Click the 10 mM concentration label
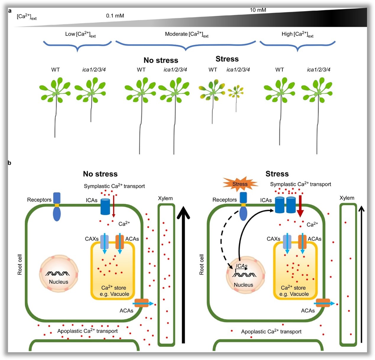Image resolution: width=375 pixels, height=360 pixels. click(x=258, y=10)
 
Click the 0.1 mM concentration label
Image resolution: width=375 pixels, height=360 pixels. click(x=115, y=16)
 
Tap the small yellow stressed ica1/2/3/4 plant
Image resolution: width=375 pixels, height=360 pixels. click(x=236, y=92)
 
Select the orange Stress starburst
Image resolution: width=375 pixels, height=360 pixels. click(x=240, y=184)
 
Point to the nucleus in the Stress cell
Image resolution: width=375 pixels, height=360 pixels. click(x=244, y=276)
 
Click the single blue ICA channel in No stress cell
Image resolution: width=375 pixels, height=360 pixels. click(x=105, y=206)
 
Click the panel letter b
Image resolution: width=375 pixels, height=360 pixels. click(x=9, y=163)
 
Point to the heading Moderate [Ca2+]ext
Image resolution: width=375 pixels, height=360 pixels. click(x=186, y=35)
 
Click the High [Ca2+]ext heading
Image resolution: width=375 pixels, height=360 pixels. click(x=297, y=35)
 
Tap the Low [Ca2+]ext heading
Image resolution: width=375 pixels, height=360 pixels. click(x=80, y=35)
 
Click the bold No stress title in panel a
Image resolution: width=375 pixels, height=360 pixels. click(x=161, y=60)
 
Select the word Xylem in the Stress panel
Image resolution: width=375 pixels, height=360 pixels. click(x=347, y=198)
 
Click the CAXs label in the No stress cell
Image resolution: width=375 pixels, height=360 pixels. click(x=92, y=239)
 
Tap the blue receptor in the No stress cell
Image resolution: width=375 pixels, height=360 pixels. click(x=57, y=207)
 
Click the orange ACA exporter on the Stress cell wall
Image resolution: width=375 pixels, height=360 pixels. click(x=322, y=303)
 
